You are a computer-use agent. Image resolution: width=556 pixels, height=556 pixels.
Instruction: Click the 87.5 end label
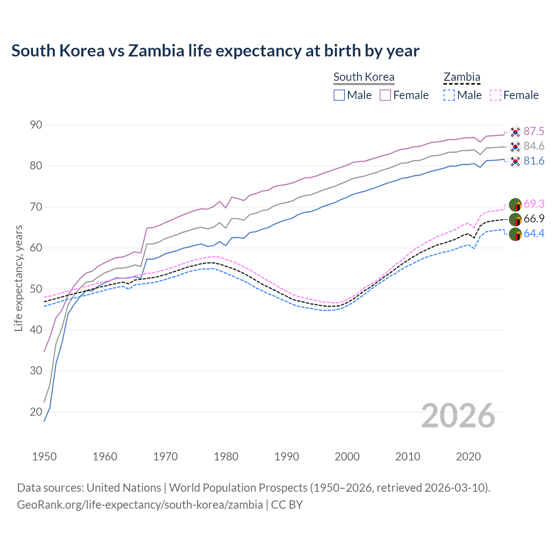[534, 131]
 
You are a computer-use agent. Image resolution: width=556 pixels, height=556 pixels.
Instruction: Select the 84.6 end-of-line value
[534, 146]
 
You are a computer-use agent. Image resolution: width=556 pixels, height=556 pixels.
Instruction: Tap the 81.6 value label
[534, 161]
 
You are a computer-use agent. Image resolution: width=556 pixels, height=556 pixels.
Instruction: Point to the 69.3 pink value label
[534, 204]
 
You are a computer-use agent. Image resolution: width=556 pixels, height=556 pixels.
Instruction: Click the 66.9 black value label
[534, 218]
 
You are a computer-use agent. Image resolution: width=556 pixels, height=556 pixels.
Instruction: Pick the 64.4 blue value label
[534, 233]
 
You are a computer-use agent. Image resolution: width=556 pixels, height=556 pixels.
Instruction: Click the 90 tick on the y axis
[36, 125]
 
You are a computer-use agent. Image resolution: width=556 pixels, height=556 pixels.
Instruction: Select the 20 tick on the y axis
[36, 412]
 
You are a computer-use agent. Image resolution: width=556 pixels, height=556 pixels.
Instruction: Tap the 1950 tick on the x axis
[44, 457]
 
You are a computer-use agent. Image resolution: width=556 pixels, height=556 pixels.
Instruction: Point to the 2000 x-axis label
[347, 457]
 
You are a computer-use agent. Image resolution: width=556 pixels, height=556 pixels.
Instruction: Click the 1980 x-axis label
[226, 457]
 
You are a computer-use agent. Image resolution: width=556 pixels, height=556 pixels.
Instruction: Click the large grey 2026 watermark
[458, 416]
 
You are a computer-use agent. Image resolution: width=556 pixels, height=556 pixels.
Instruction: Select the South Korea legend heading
[364, 77]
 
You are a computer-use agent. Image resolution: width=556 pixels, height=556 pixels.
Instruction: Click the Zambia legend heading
[462, 77]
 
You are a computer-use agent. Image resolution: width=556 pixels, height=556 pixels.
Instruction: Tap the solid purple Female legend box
[385, 95]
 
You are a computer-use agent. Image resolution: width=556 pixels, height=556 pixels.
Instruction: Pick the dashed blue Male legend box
[449, 95]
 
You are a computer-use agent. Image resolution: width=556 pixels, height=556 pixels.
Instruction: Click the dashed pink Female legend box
[496, 95]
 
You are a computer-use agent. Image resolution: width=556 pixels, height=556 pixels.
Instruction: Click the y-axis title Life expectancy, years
[18, 278]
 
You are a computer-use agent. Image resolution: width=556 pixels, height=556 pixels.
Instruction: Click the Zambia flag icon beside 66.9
[515, 219]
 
